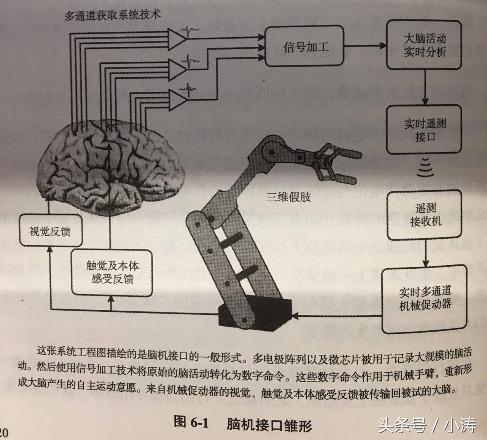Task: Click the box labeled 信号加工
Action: [305, 47]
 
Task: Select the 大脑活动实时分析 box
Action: [424, 45]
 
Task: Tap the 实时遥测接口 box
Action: [424, 130]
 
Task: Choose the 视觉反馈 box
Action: [50, 230]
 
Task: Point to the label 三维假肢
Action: [289, 196]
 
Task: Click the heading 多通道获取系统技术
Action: [112, 15]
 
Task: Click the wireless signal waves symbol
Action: [425, 167]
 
